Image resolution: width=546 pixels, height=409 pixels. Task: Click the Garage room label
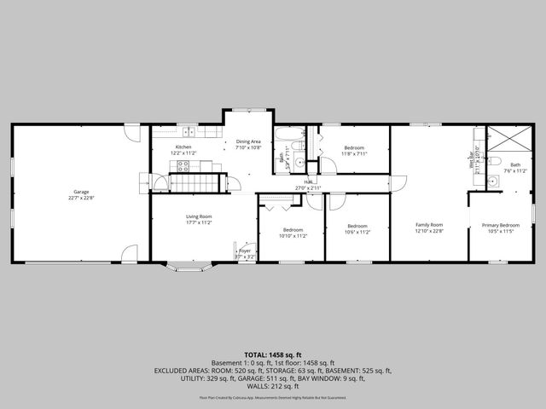click(x=81, y=193)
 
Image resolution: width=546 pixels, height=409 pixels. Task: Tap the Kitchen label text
click(x=183, y=147)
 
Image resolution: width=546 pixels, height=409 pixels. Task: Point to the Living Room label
click(x=198, y=216)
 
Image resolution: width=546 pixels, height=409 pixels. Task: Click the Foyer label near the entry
click(x=245, y=251)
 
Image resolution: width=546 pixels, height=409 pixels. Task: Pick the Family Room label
click(x=429, y=224)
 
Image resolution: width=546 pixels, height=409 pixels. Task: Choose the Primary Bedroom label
click(x=500, y=226)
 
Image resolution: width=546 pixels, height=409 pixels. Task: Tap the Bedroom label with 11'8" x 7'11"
click(x=354, y=148)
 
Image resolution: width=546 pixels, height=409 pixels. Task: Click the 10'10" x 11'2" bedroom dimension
click(x=293, y=235)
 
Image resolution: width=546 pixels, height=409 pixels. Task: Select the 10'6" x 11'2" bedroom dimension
click(x=357, y=232)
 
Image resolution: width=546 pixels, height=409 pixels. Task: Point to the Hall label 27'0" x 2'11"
click(x=305, y=187)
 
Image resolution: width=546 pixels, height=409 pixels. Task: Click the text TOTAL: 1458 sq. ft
click(x=272, y=354)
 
